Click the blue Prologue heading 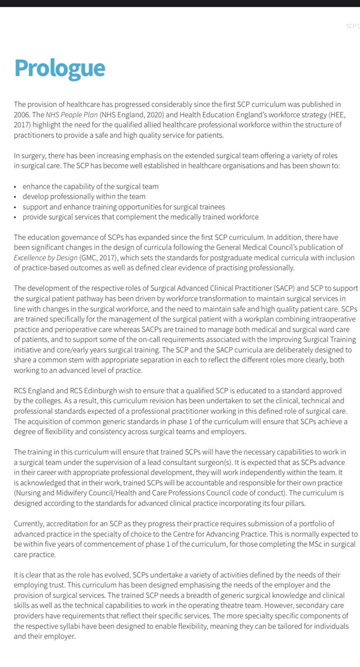60,68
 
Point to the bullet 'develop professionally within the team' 83,196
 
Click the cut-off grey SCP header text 352,26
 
